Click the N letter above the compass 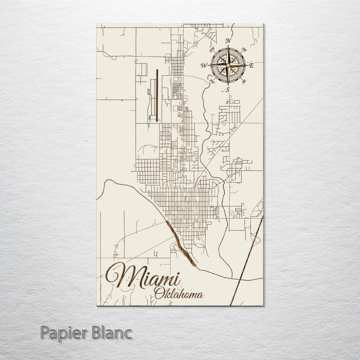(228, 41)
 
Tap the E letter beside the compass (252, 66)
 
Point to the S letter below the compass (228, 89)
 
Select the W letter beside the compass (204, 65)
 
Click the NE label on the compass (244, 50)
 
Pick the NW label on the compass (212, 50)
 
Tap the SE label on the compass (244, 81)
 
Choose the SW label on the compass (212, 81)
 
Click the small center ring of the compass (228, 65)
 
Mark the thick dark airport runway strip (157, 95)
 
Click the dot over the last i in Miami (178, 274)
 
